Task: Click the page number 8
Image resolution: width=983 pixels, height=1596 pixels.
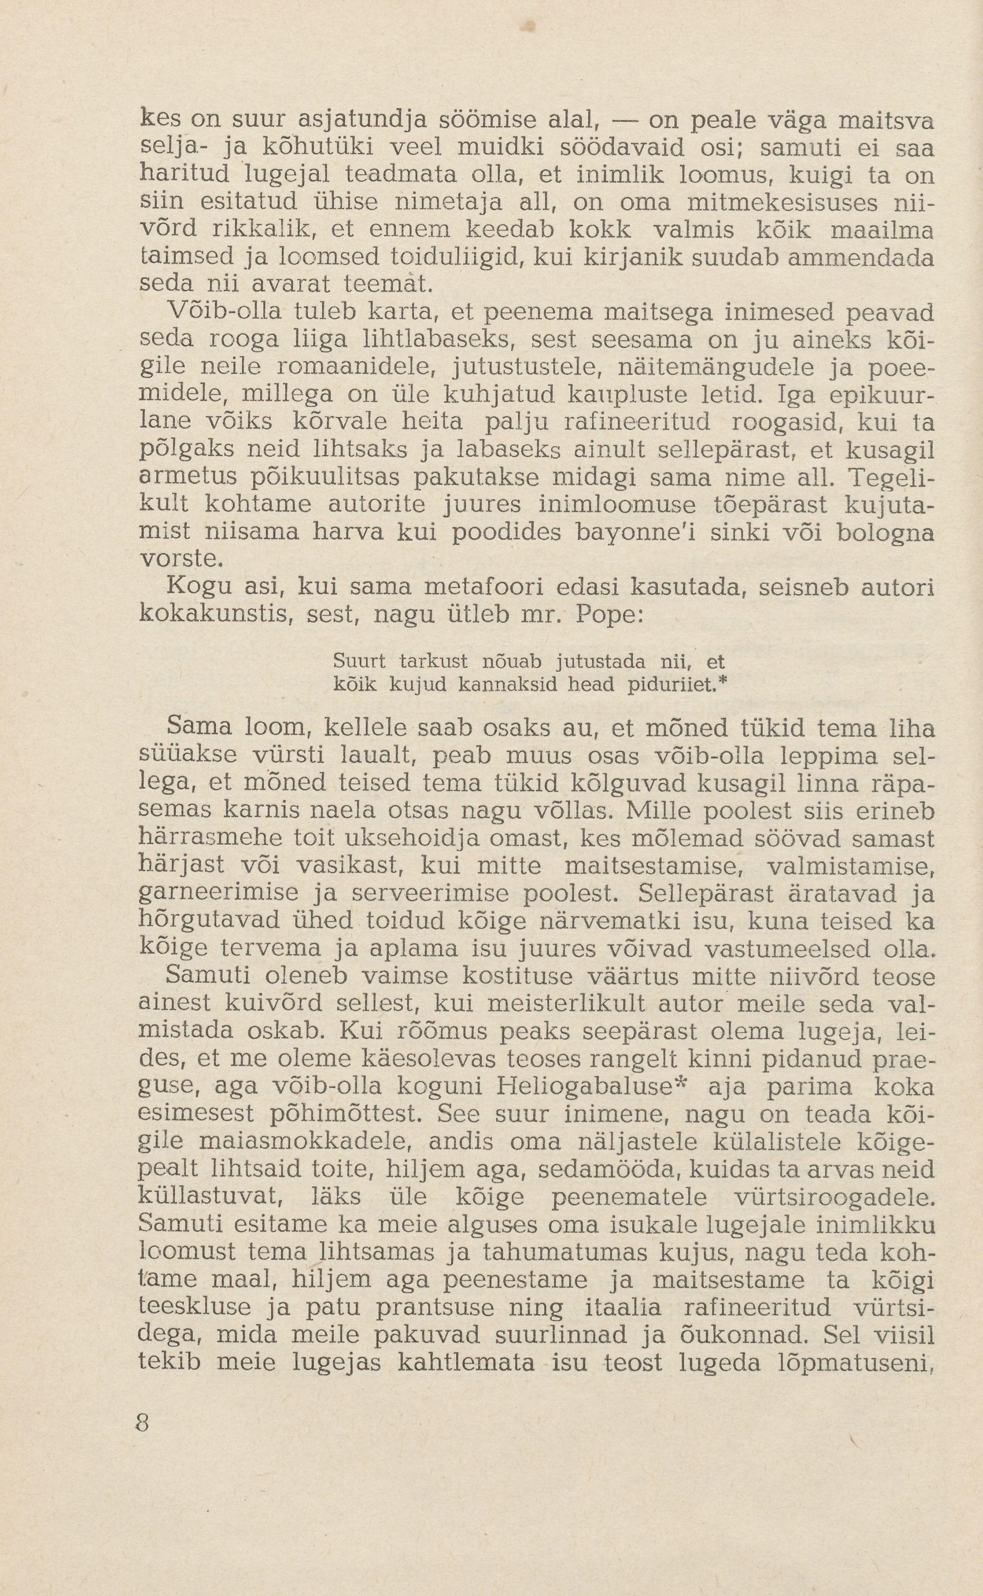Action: click(143, 1423)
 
